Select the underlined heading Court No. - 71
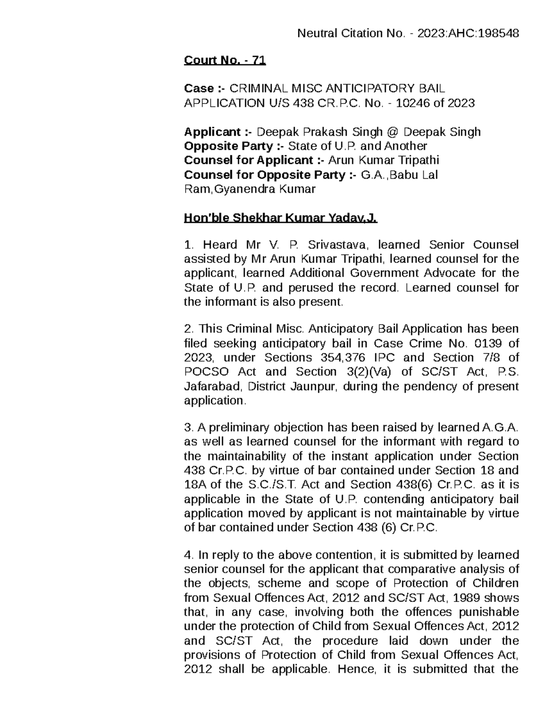coord(224,60)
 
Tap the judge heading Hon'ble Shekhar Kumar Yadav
coord(280,218)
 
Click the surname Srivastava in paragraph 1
coord(337,245)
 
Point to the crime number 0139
coord(485,343)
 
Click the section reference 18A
coord(194,485)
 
